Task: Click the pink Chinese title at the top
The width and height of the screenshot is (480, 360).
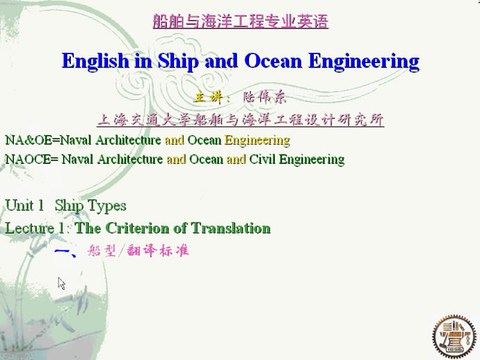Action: click(x=241, y=22)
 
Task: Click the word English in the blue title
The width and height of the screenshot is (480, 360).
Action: click(x=95, y=61)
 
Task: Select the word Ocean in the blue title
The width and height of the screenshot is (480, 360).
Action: click(x=273, y=61)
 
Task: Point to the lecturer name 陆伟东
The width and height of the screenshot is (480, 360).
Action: click(x=265, y=97)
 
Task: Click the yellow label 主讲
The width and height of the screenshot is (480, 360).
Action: click(x=208, y=97)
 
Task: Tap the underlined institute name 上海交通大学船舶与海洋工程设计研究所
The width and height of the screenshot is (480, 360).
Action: click(x=241, y=120)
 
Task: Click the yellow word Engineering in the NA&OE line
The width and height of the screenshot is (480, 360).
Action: click(x=257, y=140)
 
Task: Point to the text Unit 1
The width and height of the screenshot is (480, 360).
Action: click(x=24, y=205)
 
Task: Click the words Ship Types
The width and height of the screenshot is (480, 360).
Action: click(x=90, y=206)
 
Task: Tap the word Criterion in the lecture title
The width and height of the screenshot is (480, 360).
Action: click(x=137, y=228)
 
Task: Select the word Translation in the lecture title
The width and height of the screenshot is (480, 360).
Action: click(x=230, y=228)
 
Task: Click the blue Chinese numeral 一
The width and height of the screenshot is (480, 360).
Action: click(x=63, y=252)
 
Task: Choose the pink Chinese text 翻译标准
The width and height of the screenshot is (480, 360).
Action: click(x=157, y=250)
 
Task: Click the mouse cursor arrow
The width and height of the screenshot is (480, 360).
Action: click(x=61, y=284)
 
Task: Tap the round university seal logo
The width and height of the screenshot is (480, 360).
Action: click(x=454, y=337)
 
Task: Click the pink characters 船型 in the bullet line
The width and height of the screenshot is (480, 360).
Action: click(x=102, y=250)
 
